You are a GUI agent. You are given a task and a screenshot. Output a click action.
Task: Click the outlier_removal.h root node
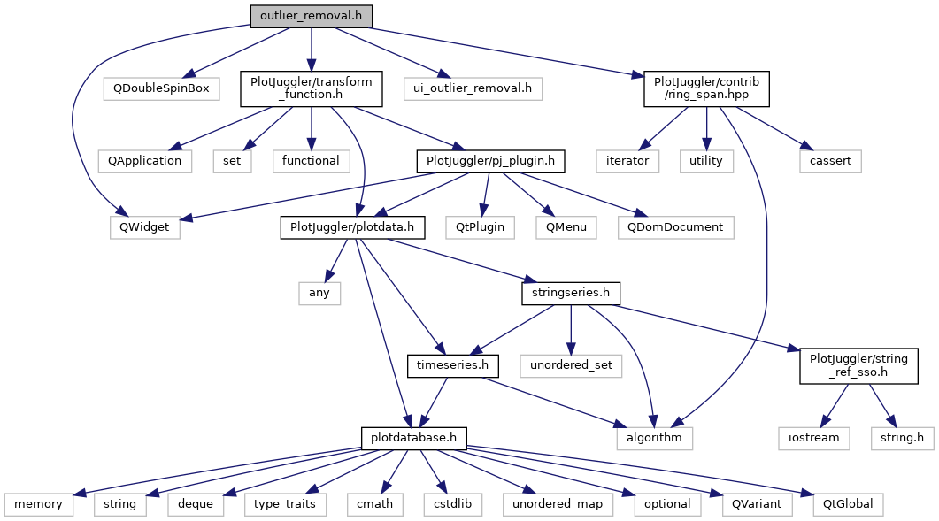point(311,16)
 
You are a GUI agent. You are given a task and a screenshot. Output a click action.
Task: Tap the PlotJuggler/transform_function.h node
point(312,88)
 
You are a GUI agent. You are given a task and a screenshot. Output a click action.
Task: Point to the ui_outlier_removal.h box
point(473,88)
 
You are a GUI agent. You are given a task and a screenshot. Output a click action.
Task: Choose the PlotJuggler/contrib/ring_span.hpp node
point(705,88)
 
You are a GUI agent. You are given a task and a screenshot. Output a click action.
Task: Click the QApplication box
point(144,161)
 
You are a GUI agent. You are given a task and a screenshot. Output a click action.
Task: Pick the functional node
point(311,161)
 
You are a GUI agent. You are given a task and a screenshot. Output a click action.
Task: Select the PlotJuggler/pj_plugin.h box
point(491,161)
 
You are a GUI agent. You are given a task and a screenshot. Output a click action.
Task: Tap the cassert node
point(829,161)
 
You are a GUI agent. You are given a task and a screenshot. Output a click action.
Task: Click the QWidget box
point(144,227)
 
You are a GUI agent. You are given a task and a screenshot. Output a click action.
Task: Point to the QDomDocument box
point(675,227)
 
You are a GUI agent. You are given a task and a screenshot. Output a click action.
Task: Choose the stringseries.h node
point(570,292)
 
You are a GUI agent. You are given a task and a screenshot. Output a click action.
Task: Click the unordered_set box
point(570,364)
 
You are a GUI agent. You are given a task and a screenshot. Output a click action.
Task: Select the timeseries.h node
point(452,364)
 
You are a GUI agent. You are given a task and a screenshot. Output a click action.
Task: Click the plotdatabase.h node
point(413,437)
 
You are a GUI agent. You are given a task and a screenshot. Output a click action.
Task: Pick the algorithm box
point(654,437)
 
